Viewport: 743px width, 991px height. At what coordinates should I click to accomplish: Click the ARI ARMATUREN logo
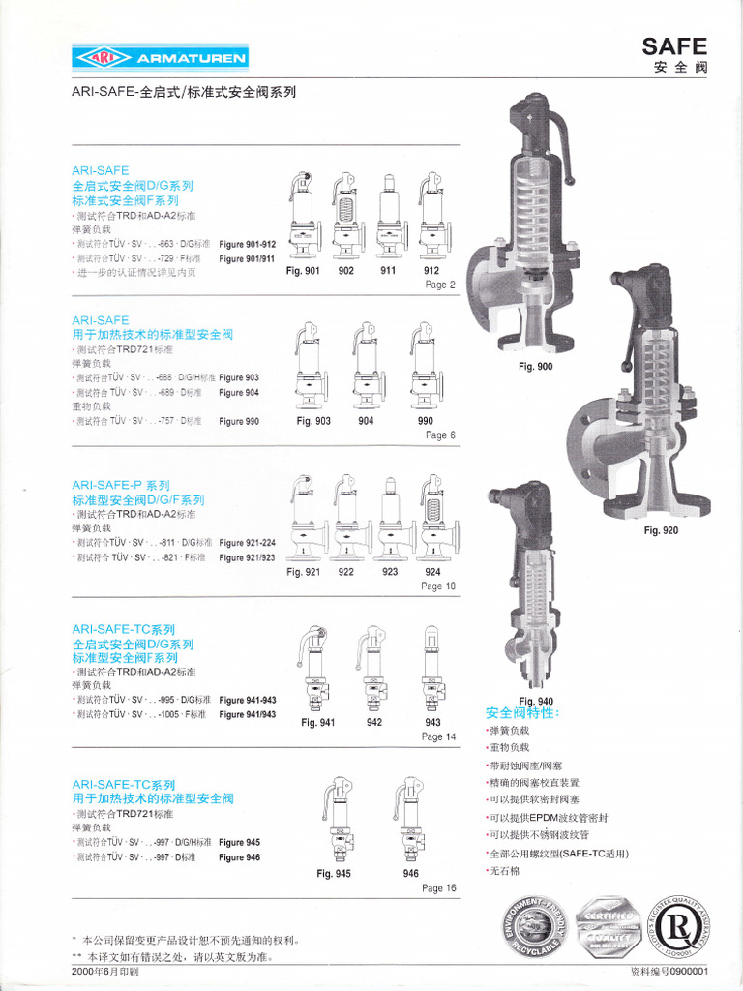(161, 58)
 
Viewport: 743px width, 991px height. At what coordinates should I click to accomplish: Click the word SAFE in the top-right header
(675, 45)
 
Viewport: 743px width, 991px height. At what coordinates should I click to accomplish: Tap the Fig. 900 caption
(535, 366)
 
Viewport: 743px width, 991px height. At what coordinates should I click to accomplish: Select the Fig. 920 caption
(661, 530)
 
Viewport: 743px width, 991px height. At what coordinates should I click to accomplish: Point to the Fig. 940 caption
(536, 701)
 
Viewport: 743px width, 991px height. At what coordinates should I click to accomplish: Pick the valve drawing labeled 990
(425, 365)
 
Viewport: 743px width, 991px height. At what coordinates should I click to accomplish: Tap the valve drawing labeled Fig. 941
(316, 668)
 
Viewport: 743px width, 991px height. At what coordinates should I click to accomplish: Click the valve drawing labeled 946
(410, 820)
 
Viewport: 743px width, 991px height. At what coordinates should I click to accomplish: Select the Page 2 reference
(439, 285)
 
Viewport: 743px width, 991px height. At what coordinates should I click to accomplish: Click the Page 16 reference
(438, 887)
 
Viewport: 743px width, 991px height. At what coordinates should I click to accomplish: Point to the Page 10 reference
(438, 586)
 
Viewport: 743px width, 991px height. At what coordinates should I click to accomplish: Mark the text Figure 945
(239, 842)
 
